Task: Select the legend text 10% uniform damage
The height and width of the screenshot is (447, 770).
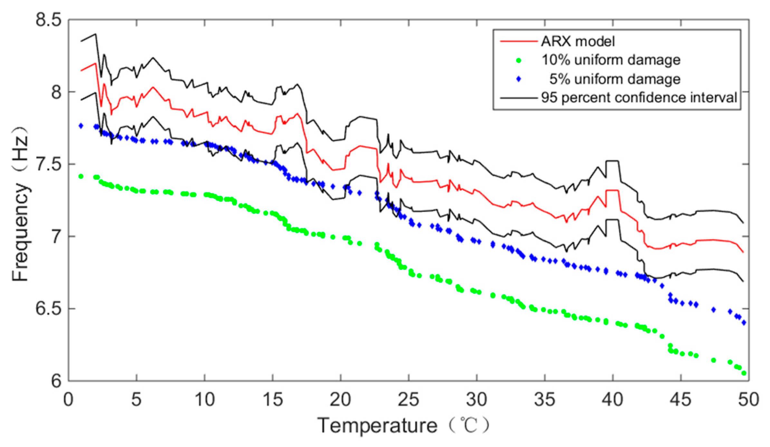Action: [x=611, y=60]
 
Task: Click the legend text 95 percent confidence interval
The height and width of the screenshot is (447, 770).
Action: [x=639, y=98]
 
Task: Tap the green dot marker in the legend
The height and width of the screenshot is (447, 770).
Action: [x=518, y=61]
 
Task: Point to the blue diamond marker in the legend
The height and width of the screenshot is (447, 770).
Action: [x=518, y=79]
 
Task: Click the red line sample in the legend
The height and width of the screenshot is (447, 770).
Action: [x=518, y=42]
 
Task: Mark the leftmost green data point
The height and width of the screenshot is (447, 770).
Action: [x=81, y=176]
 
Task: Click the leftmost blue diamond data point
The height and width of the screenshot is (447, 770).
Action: [x=81, y=126]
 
